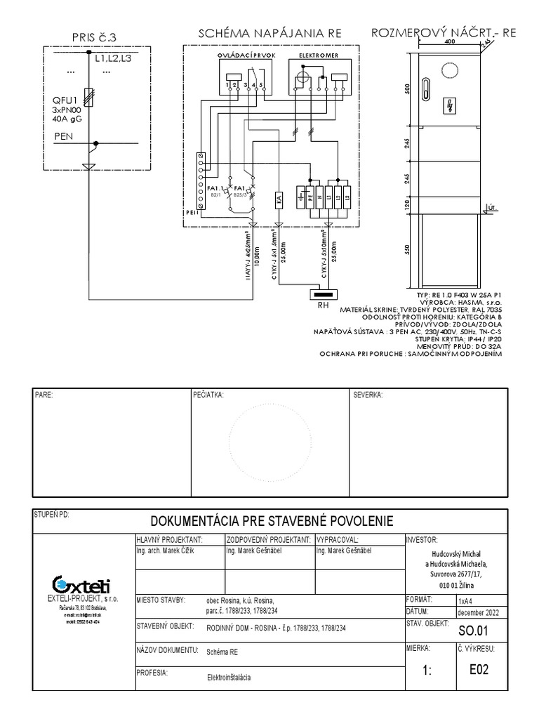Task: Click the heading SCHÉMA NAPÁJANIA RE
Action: pos(270,33)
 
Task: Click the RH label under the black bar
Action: pos(324,305)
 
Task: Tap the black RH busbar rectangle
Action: pos(324,293)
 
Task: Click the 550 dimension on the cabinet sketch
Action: pos(407,251)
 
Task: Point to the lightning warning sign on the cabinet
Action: pos(449,106)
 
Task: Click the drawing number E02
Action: pos(479,669)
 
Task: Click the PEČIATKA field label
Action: pos(208,395)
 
